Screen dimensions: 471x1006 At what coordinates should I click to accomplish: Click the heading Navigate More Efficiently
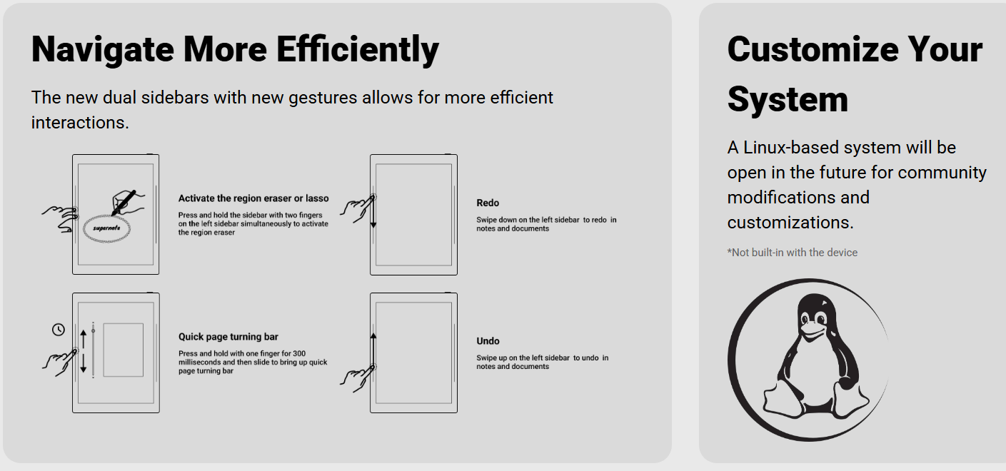235,49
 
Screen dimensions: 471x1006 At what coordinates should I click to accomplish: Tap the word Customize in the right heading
803,49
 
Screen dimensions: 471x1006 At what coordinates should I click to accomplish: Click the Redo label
488,203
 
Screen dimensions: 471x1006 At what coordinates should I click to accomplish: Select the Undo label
488,341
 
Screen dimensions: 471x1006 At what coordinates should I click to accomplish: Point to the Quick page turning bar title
228,337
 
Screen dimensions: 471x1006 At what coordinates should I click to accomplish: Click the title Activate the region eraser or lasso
253,198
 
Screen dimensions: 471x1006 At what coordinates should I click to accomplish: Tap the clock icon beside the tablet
59,329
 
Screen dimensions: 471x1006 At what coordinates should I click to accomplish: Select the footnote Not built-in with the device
793,253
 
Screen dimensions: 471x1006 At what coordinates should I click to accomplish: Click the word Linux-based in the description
790,148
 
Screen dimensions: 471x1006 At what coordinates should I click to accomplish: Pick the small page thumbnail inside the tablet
123,350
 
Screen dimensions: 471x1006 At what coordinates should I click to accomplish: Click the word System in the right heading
788,98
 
